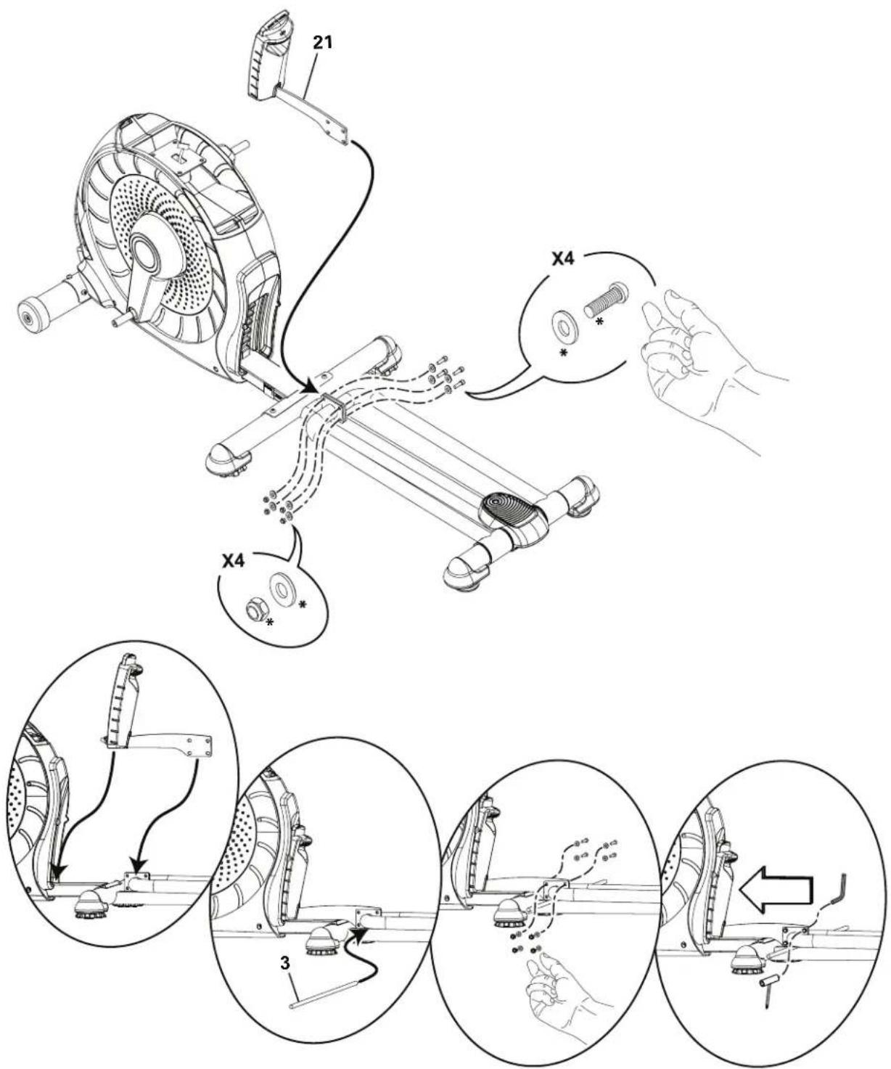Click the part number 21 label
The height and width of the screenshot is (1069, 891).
(322, 43)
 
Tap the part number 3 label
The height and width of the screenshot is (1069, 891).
(284, 965)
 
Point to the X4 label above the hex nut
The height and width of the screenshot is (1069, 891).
(235, 561)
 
